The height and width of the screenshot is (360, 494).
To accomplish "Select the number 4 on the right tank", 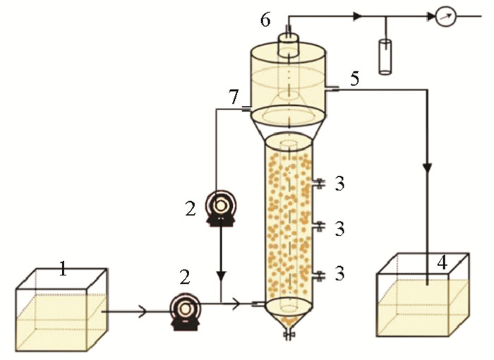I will pos(442,263).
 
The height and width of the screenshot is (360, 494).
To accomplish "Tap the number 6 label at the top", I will pos(265,19).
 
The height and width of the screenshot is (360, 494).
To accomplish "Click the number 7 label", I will pos(234,97).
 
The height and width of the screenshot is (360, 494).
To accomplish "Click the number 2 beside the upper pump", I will pos(190,209).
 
